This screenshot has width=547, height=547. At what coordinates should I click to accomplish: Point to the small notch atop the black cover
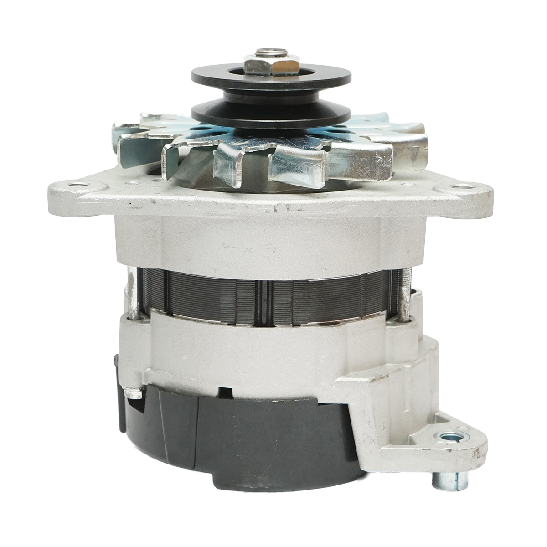(x=223, y=391)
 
